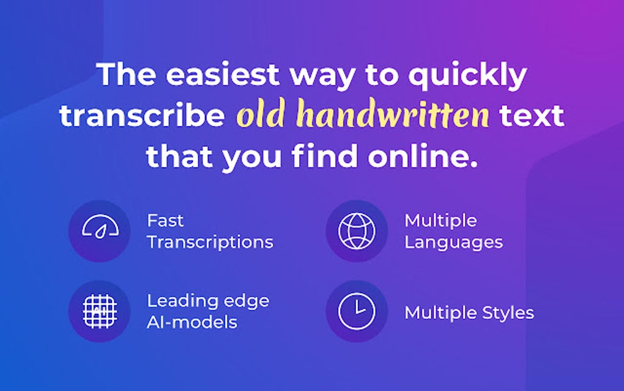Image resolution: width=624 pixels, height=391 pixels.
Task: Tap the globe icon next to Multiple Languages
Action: (x=357, y=231)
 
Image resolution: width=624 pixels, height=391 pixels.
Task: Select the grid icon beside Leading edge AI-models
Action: (x=99, y=311)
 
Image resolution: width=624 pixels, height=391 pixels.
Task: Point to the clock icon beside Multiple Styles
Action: (x=357, y=311)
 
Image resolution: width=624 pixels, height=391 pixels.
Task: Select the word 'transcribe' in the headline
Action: (x=143, y=116)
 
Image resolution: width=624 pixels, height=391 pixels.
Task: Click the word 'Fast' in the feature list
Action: (x=165, y=221)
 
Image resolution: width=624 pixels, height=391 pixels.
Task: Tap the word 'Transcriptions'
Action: (x=210, y=242)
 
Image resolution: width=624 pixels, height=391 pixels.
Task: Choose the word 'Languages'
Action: (x=453, y=242)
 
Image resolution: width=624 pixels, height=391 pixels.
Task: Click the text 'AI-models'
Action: (x=191, y=322)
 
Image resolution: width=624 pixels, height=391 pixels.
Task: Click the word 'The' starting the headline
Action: (x=126, y=74)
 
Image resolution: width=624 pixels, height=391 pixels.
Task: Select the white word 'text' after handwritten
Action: (x=530, y=116)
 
